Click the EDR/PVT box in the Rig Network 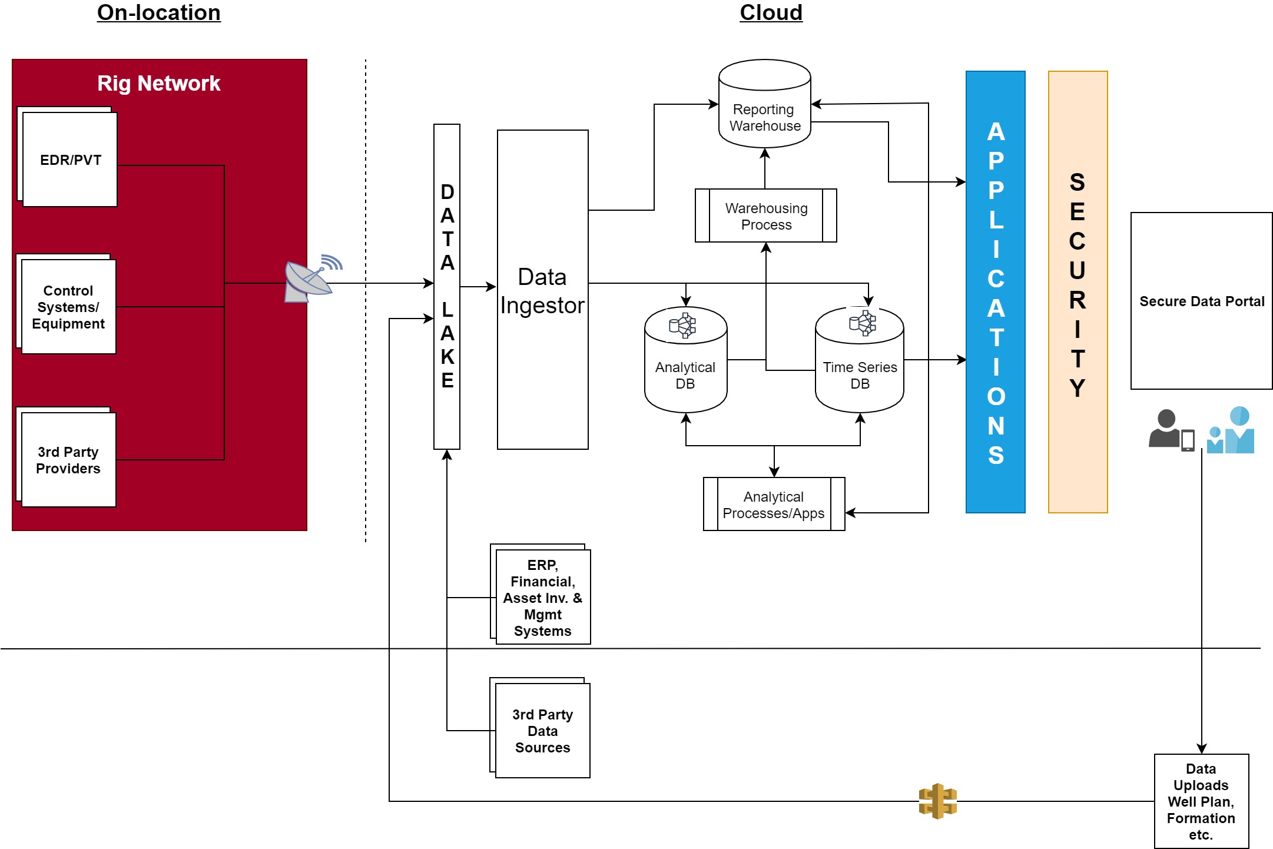click(70, 160)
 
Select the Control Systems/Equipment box click(68, 307)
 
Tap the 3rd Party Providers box click(68, 460)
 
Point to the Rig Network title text click(158, 84)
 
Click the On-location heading click(158, 12)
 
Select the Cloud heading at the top click(771, 12)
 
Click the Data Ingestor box click(542, 290)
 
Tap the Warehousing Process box click(765, 216)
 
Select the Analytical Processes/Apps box click(774, 505)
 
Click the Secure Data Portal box click(1201, 301)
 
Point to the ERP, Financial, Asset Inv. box click(542, 597)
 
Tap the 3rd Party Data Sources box click(542, 731)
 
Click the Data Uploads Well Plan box click(1201, 801)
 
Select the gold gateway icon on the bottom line click(937, 801)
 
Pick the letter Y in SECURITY click(1077, 389)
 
